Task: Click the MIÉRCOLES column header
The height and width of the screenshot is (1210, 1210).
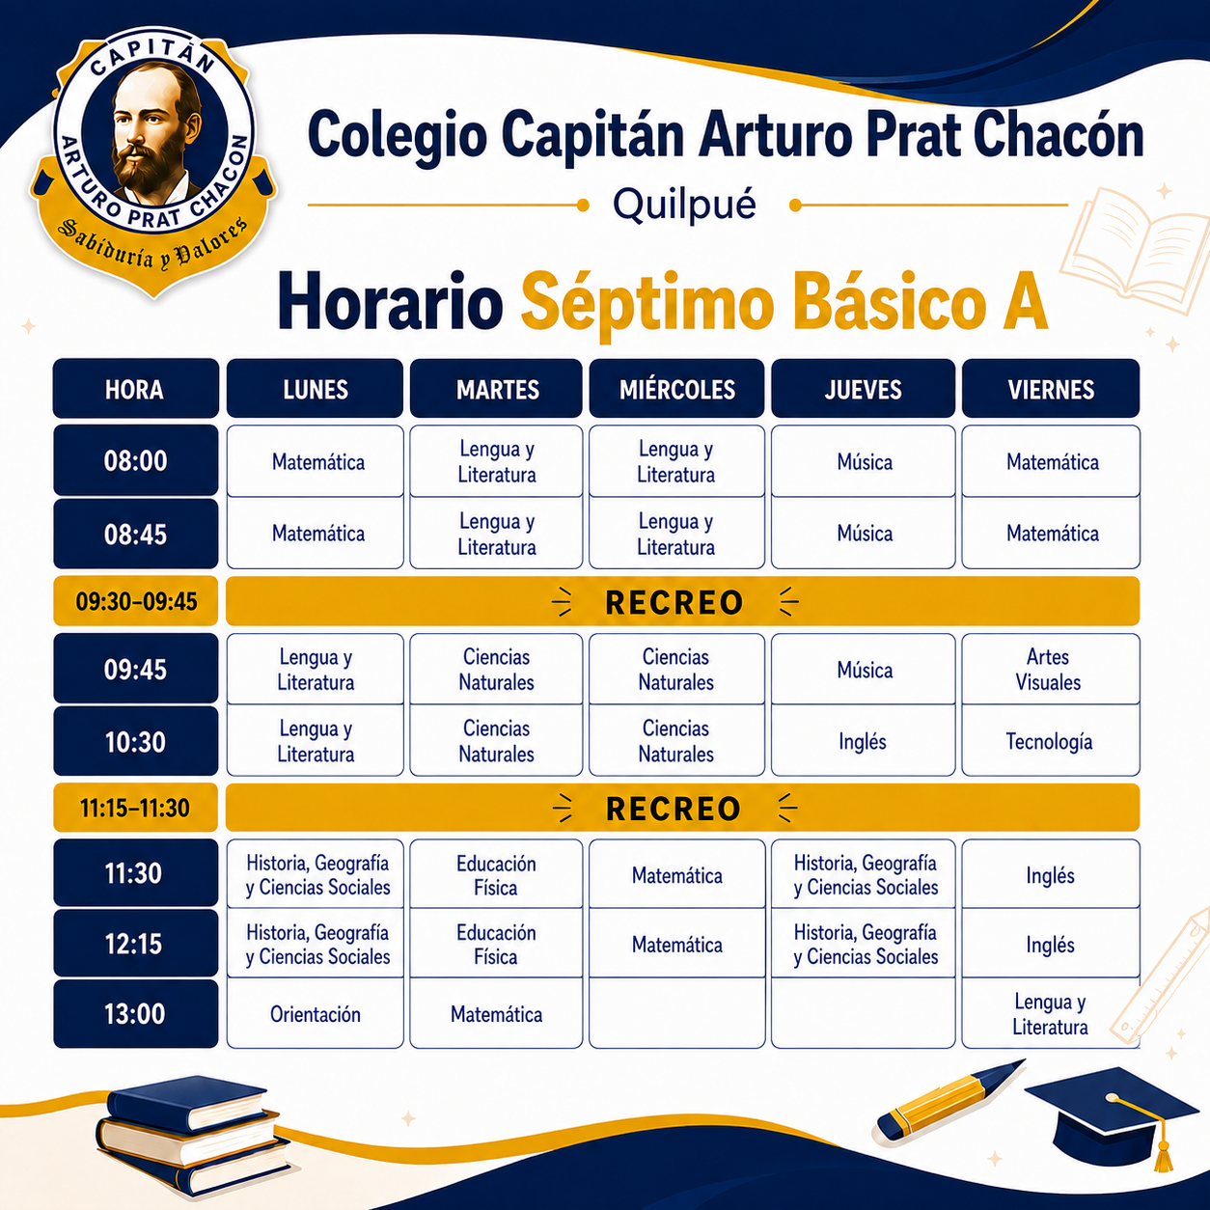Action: click(676, 389)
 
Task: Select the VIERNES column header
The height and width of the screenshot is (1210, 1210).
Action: click(1051, 389)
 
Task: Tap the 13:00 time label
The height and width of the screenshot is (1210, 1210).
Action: click(135, 1014)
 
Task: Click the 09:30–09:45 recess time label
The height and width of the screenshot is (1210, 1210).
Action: click(136, 601)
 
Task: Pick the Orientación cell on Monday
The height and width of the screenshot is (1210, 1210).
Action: click(316, 1013)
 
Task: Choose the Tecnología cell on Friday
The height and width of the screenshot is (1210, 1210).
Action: click(1051, 741)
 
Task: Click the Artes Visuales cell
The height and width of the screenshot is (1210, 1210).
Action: click(1051, 670)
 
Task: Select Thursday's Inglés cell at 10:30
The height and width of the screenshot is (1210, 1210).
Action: click(863, 741)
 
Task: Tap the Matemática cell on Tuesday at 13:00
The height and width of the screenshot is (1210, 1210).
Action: click(496, 1013)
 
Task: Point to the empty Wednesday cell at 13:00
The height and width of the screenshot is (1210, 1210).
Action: click(677, 1013)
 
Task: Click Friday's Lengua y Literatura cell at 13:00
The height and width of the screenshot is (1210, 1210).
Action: click(1051, 1013)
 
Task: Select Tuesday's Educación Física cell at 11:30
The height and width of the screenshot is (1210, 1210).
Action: click(496, 874)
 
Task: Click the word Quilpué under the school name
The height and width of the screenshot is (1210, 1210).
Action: click(684, 205)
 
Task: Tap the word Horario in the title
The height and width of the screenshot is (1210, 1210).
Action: click(390, 301)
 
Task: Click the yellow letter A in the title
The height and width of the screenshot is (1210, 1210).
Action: click(1025, 301)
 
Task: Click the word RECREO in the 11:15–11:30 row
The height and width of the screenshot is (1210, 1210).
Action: click(674, 809)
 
